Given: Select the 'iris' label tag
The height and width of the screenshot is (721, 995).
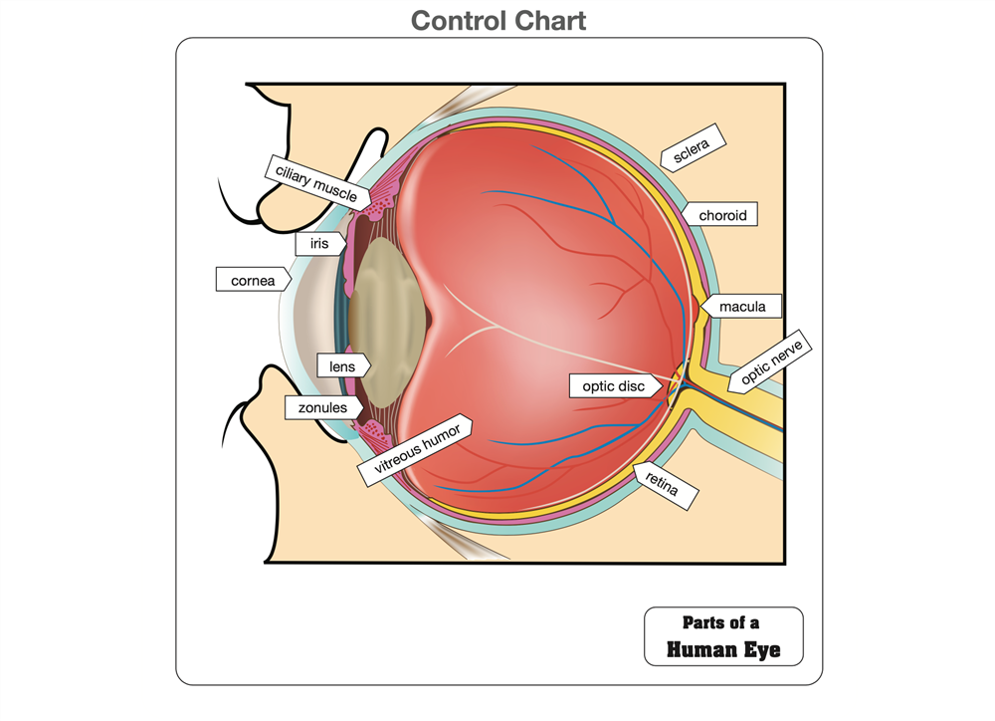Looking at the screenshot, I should click(317, 242).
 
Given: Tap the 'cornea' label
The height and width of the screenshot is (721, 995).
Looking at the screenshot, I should click(253, 281).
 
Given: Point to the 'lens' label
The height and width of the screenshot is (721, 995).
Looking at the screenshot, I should click(341, 366).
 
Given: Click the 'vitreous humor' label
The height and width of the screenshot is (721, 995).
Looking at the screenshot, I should click(415, 452).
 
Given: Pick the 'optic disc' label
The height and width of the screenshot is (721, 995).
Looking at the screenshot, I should click(613, 385).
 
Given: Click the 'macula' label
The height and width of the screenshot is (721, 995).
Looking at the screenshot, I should click(742, 307).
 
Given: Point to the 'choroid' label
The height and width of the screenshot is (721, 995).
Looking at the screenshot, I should click(721, 215).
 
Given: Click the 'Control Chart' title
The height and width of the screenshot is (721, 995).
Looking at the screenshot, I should click(497, 20).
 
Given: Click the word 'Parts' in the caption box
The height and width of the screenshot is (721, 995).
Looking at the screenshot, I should click(702, 622).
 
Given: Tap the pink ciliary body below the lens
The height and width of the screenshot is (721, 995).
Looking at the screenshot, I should click(374, 433).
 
